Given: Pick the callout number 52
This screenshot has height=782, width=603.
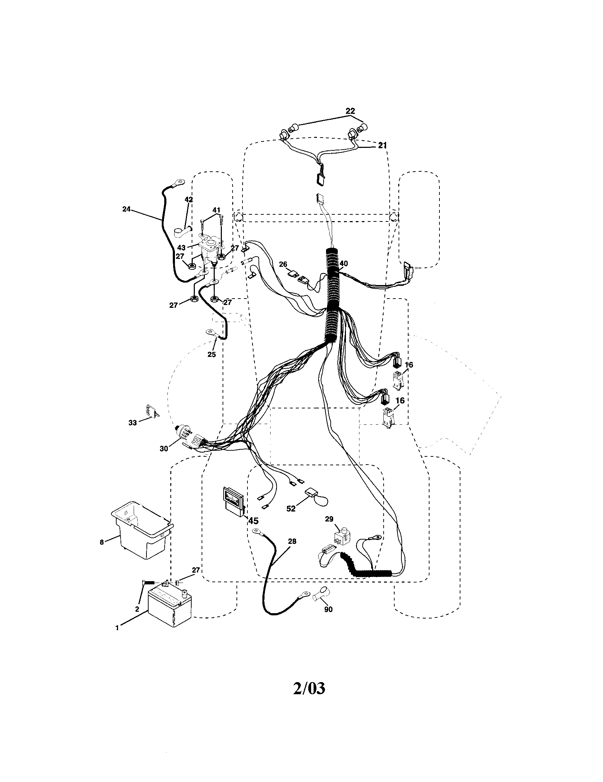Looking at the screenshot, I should click(291, 508).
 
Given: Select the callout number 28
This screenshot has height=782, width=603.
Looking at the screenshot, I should click(292, 541).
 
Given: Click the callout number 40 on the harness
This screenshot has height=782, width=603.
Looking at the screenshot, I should click(343, 263).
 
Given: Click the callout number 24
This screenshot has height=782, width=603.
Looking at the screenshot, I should click(127, 209).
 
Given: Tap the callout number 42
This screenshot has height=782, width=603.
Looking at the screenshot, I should click(188, 199).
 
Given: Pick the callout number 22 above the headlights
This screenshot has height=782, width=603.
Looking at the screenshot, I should click(350, 111).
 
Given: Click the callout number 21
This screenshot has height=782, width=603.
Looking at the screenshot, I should click(383, 145).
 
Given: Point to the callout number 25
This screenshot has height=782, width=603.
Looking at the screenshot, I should click(212, 354).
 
